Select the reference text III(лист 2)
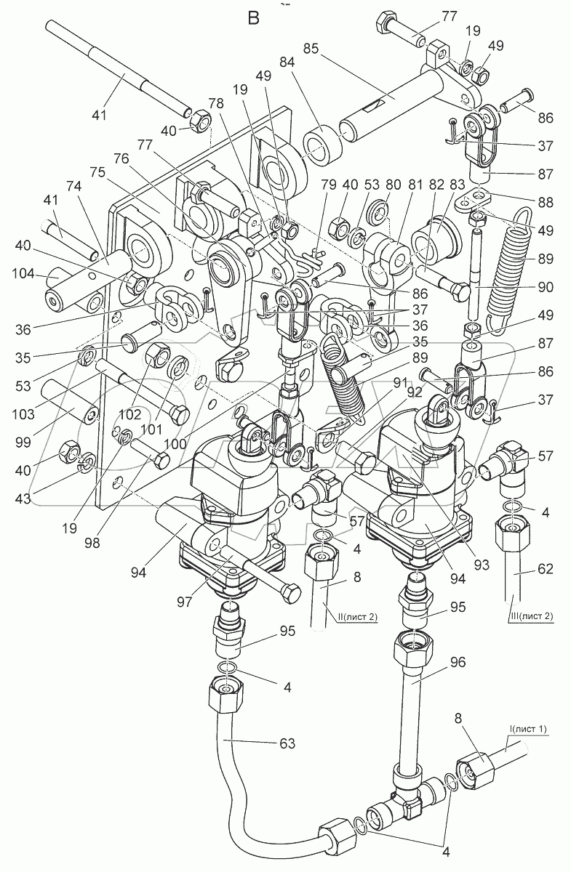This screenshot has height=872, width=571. [531, 617]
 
